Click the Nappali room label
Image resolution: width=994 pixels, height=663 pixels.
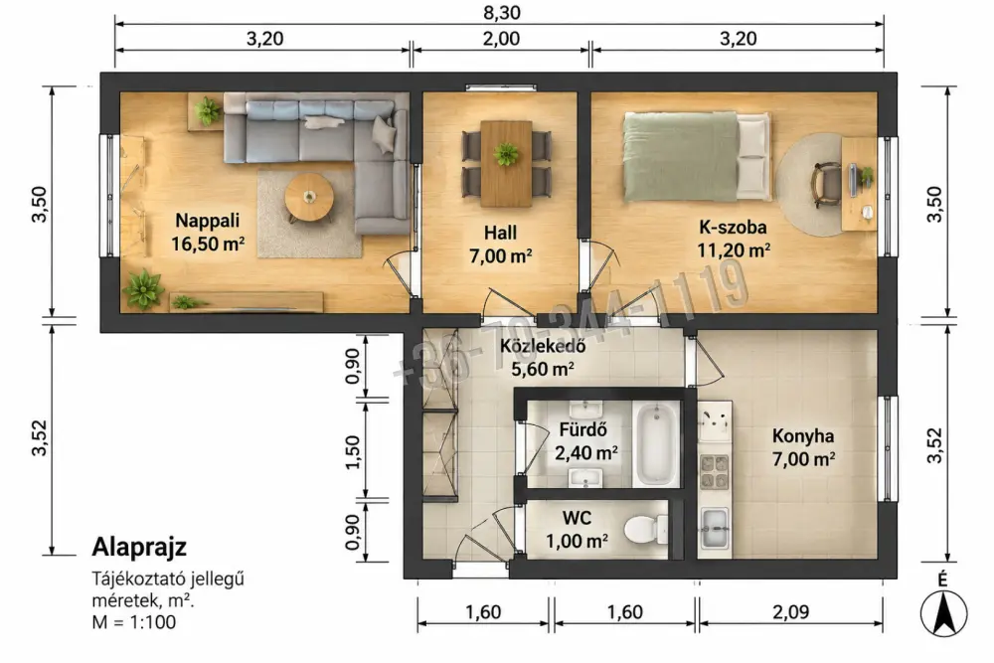point(208,221)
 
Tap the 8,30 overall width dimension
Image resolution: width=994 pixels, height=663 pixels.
point(501,13)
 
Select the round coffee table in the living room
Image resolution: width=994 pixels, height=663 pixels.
point(309,197)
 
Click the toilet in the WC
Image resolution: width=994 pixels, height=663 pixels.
point(645,530)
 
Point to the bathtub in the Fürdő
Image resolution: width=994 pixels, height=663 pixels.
point(656,444)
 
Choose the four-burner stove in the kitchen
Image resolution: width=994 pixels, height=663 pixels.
point(715,472)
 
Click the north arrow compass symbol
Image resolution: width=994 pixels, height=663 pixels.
point(943,612)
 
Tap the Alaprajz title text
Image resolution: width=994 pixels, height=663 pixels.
point(139,547)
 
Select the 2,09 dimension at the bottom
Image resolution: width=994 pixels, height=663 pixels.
point(790,612)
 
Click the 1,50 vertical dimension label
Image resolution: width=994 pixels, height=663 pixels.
point(353,452)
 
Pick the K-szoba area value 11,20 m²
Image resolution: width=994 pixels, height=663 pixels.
point(734,250)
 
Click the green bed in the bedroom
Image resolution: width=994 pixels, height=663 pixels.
point(696,157)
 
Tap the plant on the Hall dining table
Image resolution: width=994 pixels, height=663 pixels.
point(506,153)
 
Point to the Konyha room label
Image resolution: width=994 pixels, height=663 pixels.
point(802,436)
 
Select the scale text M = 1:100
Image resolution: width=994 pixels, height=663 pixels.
point(134,622)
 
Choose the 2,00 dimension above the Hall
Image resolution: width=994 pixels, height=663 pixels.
point(501,39)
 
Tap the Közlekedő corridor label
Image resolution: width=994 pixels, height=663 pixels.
point(543,346)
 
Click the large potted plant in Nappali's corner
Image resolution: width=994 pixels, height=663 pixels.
point(143,288)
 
